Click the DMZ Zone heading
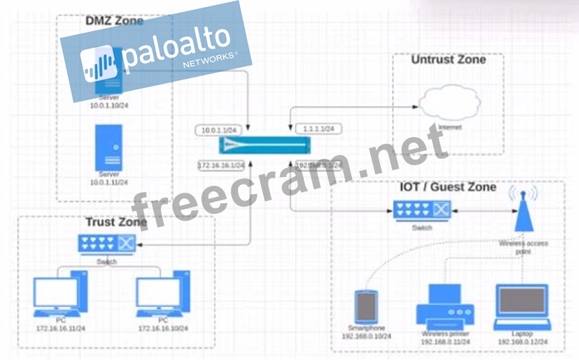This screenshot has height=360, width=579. pos(115,21)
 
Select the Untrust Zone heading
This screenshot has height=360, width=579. pos(448,60)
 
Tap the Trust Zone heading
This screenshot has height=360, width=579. pos(116,222)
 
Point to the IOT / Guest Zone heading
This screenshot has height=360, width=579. pos(448,187)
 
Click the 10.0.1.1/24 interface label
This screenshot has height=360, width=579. pos(219,130)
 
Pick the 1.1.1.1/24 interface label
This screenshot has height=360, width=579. pos(318,128)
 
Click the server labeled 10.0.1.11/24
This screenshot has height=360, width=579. pos(108,147)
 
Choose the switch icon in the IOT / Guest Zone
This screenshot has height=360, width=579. pos(422,210)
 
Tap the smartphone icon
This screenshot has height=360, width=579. pos(366,308)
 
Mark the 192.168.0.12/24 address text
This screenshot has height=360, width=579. pos(522,341)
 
